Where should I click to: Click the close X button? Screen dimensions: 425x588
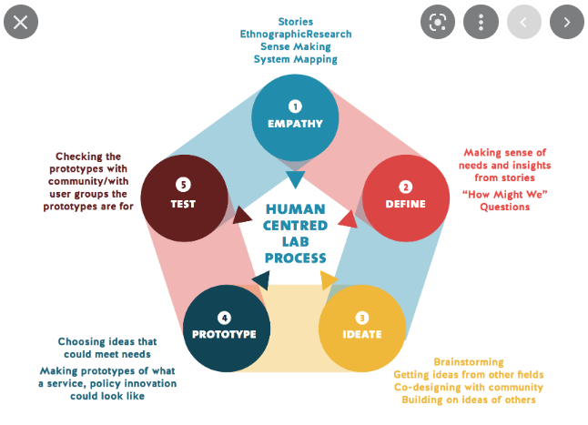click(x=21, y=22)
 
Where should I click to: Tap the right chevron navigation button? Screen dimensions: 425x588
click(x=566, y=22)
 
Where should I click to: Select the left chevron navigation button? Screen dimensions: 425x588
click(x=523, y=22)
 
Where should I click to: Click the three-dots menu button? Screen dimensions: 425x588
click(x=481, y=22)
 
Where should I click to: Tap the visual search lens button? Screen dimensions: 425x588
click(x=438, y=22)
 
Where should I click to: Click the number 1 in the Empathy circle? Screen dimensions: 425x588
click(x=295, y=106)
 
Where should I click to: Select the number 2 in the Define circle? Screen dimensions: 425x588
click(x=407, y=187)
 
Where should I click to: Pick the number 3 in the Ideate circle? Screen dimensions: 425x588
click(x=362, y=318)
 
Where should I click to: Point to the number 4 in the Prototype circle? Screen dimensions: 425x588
click(x=225, y=318)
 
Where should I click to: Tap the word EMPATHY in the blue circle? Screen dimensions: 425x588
click(x=295, y=123)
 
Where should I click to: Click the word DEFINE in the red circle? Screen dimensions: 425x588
click(x=407, y=204)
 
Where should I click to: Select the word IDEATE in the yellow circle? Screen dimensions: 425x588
click(x=362, y=334)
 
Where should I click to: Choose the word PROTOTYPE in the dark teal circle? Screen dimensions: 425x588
click(x=225, y=334)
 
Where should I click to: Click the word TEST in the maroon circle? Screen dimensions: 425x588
click(x=183, y=204)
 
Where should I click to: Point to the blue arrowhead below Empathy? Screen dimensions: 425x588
click(x=295, y=178)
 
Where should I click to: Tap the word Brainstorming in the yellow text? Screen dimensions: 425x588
click(x=469, y=362)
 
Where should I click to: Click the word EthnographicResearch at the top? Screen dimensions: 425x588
click(x=296, y=34)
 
